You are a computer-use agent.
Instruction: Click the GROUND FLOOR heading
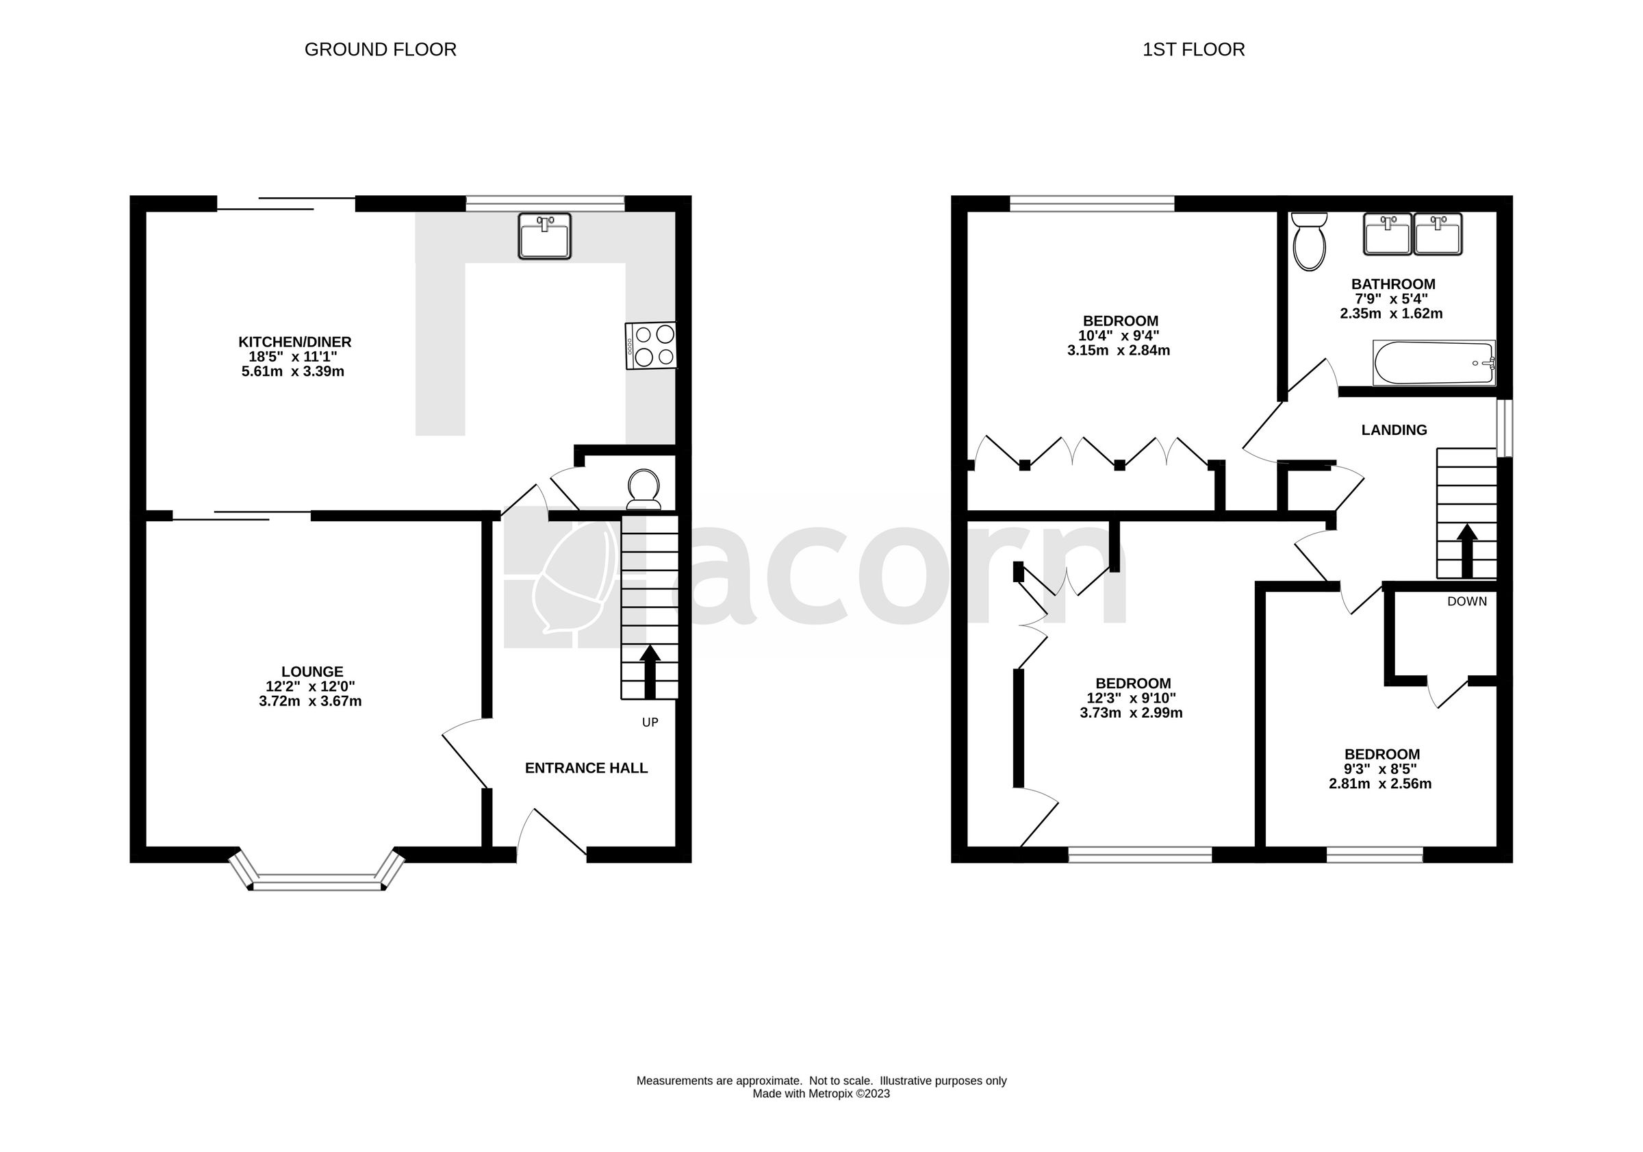coord(380,49)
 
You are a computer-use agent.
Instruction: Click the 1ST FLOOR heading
coord(1193,49)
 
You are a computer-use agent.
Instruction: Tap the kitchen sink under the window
coord(544,236)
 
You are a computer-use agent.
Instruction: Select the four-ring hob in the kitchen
coord(650,346)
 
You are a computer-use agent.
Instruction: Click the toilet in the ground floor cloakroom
coord(644,488)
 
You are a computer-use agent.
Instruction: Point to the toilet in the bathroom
coord(1310,242)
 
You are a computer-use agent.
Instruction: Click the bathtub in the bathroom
coord(1434,363)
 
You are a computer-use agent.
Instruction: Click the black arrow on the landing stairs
coord(1467,550)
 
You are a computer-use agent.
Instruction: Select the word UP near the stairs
coord(650,723)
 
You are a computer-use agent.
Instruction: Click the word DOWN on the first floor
coord(1467,601)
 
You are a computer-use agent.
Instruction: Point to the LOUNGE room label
coord(312,672)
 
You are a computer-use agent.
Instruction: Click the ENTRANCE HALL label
coord(586,768)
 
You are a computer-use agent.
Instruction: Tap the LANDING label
coord(1394,430)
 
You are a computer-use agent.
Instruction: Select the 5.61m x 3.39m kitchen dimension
coord(294,372)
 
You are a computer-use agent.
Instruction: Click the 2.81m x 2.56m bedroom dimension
coord(1380,784)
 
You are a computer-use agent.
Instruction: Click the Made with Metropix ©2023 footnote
coord(821,1094)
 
